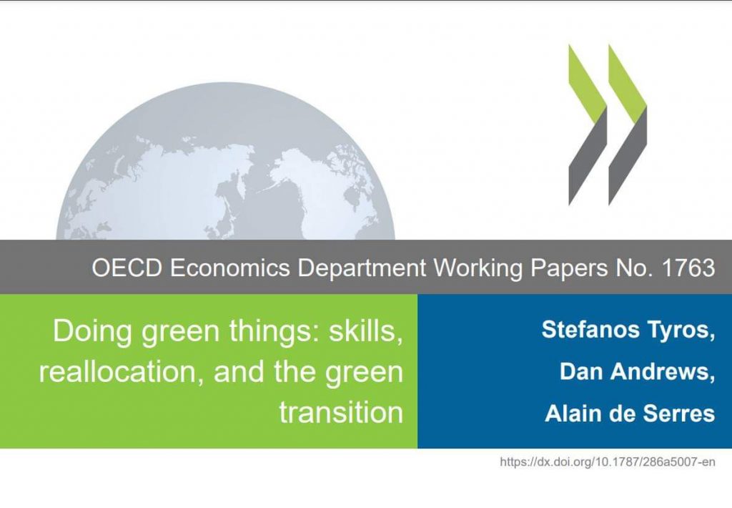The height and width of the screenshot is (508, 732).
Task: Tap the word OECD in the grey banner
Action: coord(127,268)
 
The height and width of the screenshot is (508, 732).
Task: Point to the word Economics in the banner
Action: coord(229,268)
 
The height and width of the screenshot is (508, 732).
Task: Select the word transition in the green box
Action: coord(341,413)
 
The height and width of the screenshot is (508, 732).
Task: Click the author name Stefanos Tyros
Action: coord(628,330)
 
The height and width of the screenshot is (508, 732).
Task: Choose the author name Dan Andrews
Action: coord(637,371)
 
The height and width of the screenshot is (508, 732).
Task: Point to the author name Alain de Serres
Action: coord(630,413)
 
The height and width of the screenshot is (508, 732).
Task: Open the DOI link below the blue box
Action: coord(608,462)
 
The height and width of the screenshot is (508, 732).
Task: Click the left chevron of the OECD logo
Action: coord(588,124)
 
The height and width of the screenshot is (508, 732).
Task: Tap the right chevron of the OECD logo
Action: coord(628,124)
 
